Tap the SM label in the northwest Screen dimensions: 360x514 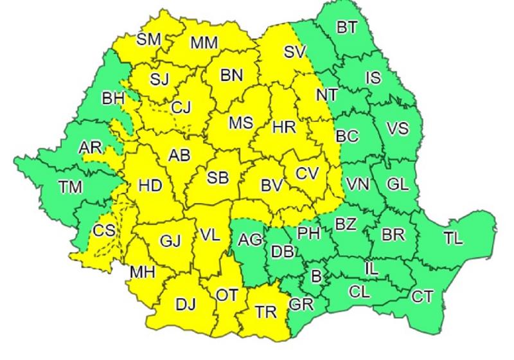149,39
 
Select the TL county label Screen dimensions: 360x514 453,239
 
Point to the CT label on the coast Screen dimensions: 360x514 422,296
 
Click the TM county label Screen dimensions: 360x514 70,188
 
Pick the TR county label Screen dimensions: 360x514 266,312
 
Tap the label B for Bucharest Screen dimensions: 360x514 315,276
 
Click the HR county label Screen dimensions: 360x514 283,127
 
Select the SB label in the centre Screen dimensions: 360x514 217,179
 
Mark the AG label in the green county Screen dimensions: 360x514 250,241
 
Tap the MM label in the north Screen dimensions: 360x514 204,43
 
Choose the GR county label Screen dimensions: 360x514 301,304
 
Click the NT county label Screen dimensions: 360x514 326,94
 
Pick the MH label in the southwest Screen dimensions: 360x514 143,272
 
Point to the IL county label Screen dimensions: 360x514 371,267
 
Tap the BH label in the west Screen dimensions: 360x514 114,100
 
